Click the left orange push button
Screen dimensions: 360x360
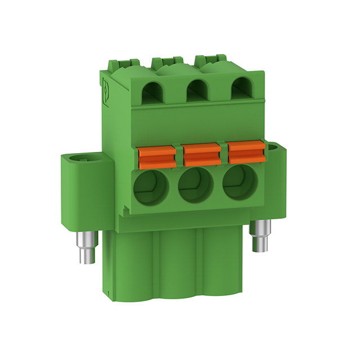tap(155, 155)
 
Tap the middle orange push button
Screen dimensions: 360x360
tap(201, 154)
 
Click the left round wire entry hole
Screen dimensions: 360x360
tap(150, 187)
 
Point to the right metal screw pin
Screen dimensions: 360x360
tap(261, 235)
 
